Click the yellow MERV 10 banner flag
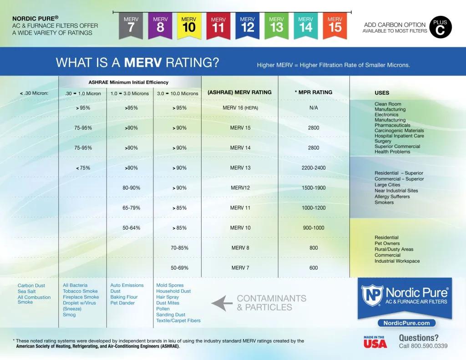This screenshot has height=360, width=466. tap(188, 25)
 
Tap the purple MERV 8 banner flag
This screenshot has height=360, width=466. tap(160, 25)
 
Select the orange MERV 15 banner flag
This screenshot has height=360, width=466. tap(334, 25)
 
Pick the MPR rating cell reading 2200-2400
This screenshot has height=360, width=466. tap(314, 168)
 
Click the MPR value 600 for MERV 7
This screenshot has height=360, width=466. tap(314, 268)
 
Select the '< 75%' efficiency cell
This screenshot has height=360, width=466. tap(83, 168)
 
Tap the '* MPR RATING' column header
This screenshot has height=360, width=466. tap(314, 92)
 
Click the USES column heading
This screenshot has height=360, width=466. tap(382, 93)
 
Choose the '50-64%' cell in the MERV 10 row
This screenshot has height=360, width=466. tap(131, 228)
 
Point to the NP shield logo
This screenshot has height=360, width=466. tap(372, 295)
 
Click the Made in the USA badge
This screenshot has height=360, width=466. tap(375, 342)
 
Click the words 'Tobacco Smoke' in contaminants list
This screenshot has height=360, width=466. tap(80, 291)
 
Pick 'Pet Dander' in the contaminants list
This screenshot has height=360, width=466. tap(122, 303)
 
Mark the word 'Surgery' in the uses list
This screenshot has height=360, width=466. tap(383, 141)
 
